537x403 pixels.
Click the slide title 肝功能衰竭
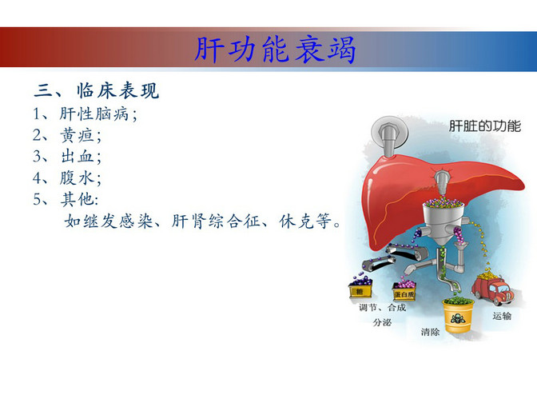click(275, 50)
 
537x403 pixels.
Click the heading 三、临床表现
click(97, 91)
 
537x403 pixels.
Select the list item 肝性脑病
click(93, 114)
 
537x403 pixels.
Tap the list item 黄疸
click(77, 135)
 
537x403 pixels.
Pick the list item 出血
click(77, 156)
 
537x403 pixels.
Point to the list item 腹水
click(77, 178)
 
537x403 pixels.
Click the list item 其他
click(77, 199)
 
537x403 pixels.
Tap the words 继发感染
click(118, 221)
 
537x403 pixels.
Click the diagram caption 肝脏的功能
click(484, 126)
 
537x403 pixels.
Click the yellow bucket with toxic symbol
click(458, 316)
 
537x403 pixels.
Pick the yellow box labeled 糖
click(360, 289)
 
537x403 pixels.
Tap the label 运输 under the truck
click(502, 316)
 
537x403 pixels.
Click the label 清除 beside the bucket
click(430, 332)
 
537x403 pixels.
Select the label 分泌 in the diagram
click(382, 322)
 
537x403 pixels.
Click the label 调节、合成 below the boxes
click(382, 307)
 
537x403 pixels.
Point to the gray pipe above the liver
click(389, 136)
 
